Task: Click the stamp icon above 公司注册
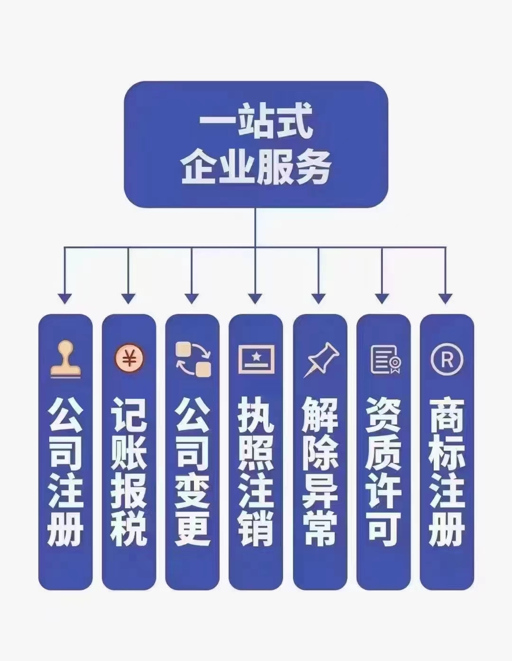65,359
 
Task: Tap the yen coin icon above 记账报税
129,359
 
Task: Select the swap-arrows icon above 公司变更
193,359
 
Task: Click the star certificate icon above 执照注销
256,359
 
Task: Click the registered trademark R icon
447,359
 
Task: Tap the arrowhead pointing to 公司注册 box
65,299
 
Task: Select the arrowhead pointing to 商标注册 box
446,299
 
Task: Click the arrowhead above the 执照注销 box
255,299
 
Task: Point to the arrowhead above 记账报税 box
128,299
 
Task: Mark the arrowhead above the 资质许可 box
382,299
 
